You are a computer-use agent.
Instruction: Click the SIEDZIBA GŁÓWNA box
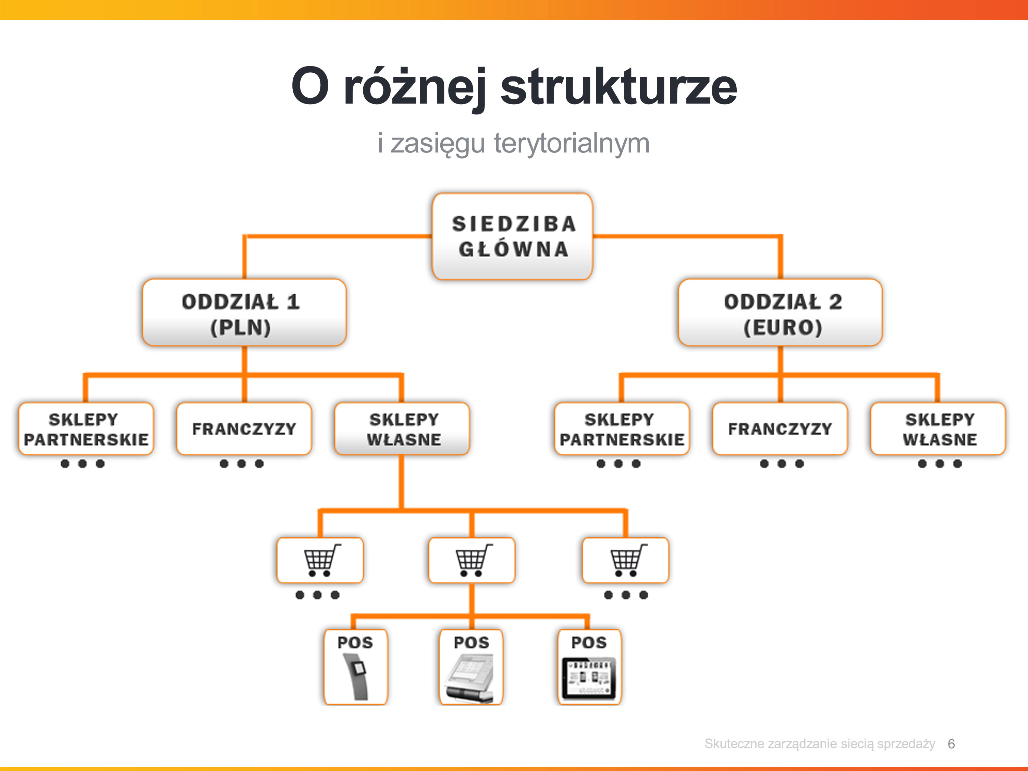pyautogui.click(x=512, y=236)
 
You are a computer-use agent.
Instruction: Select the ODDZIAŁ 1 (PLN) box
pyautogui.click(x=244, y=312)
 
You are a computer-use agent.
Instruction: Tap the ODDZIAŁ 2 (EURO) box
pyautogui.click(x=780, y=312)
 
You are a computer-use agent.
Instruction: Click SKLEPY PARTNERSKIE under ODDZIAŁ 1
pyautogui.click(x=86, y=428)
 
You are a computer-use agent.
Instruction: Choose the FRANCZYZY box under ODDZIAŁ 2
pyautogui.click(x=780, y=428)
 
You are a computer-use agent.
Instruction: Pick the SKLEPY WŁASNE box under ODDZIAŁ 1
pyautogui.click(x=402, y=428)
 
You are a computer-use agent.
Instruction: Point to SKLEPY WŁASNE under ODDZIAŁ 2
pyautogui.click(x=938, y=428)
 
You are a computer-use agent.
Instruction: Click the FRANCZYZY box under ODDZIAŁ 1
pyautogui.click(x=244, y=428)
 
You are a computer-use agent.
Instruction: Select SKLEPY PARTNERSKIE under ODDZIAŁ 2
pyautogui.click(x=622, y=428)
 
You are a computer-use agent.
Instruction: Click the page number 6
pyautogui.click(x=951, y=744)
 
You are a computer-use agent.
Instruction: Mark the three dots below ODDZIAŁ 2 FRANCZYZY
pyautogui.click(x=782, y=463)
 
